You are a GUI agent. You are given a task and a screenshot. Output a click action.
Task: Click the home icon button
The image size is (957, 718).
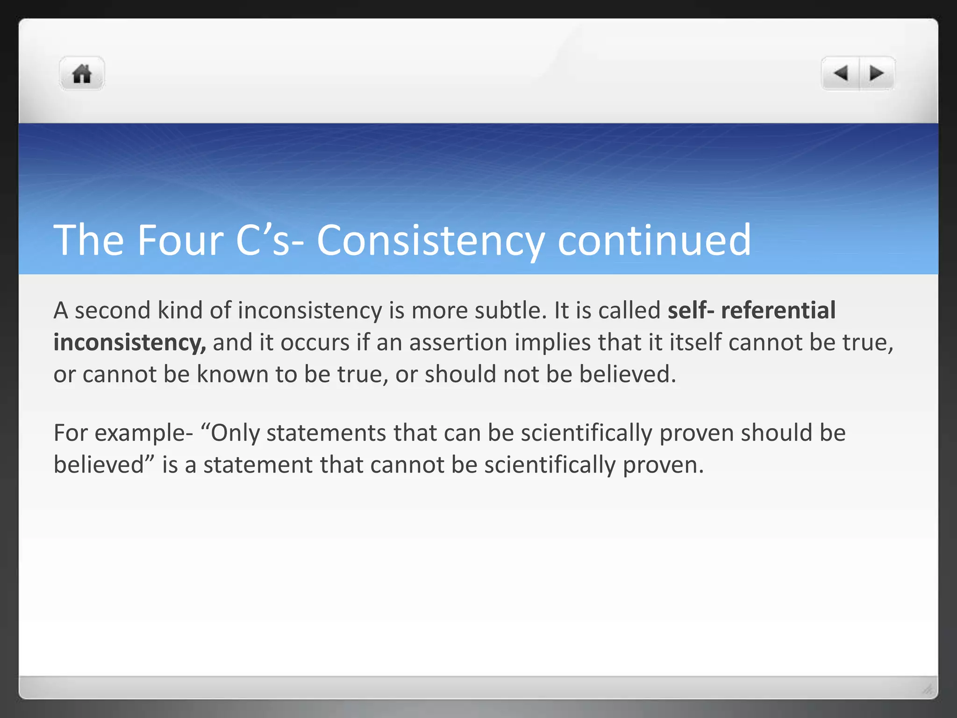(82, 74)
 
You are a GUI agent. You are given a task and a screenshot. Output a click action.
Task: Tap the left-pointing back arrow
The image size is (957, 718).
(841, 73)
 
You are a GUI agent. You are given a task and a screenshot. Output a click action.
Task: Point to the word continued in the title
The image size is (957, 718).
(654, 240)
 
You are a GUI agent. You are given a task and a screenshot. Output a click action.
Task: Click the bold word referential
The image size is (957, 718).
(778, 310)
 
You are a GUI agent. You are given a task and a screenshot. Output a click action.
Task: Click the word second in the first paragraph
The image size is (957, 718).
(113, 310)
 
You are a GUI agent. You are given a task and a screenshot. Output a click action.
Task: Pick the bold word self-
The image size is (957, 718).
(691, 310)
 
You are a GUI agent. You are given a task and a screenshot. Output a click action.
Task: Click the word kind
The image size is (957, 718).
(180, 310)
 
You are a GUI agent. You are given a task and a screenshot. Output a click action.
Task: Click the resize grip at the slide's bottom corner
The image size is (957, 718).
(927, 688)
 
